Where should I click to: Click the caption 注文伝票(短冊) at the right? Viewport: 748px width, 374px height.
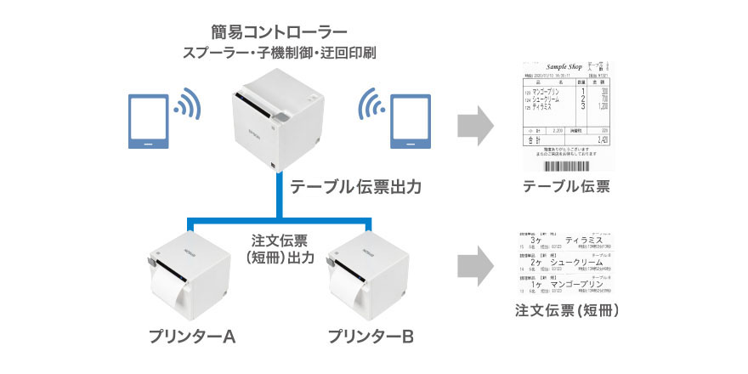(x=567, y=311)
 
